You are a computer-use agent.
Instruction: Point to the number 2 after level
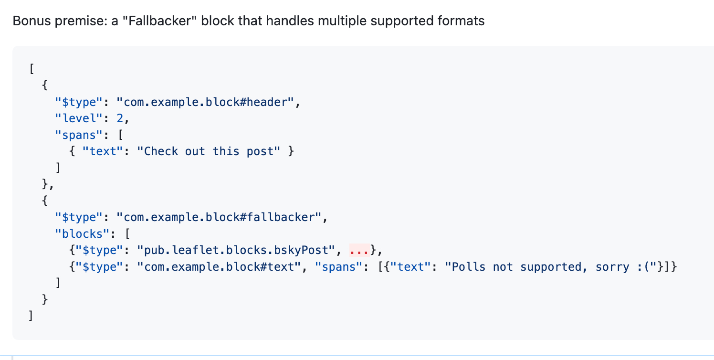point(120,118)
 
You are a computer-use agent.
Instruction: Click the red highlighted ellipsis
point(359,250)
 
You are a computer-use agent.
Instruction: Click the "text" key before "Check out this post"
point(102,151)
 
